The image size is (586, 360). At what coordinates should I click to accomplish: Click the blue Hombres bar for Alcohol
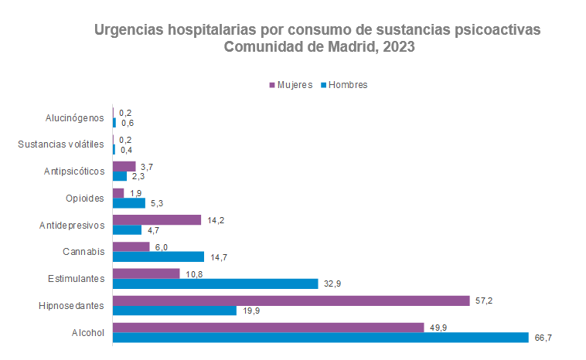point(321,338)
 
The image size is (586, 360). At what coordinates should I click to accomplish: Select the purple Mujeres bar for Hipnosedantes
point(291,301)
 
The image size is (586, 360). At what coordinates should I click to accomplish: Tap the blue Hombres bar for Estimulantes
point(216,284)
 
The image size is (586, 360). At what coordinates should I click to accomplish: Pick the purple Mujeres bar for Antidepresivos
point(157,220)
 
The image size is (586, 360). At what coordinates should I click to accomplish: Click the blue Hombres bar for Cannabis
point(158,256)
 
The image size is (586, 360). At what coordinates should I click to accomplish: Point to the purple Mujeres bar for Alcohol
point(268,328)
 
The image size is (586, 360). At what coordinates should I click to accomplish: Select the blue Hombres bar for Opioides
point(129,203)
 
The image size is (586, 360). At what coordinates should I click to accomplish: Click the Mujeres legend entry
point(290,85)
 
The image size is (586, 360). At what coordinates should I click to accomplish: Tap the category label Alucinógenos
point(74,117)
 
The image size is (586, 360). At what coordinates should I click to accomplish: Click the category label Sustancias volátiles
point(60,144)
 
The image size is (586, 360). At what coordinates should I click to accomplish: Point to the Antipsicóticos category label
point(73,172)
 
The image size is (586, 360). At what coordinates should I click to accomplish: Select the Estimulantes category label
point(76,279)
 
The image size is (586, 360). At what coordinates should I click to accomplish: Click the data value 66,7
point(543,338)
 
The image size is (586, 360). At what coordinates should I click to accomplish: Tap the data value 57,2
point(484,300)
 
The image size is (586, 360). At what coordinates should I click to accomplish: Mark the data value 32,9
point(332,284)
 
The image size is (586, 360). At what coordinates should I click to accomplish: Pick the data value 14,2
point(215,220)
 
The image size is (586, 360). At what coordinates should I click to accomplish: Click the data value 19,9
point(250,311)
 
